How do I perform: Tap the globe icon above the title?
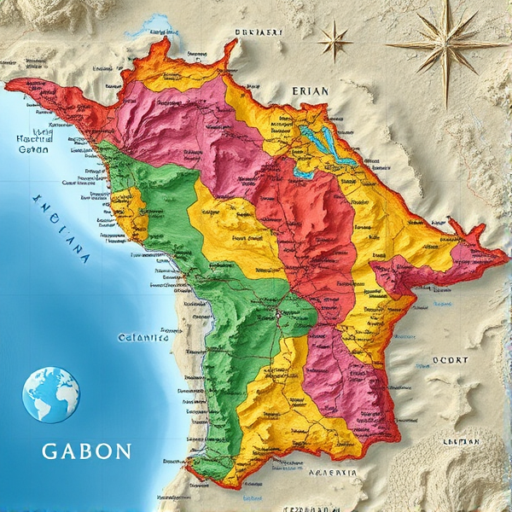tap(50, 395)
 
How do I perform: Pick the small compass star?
tap(335, 40)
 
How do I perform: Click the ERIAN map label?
tap(310, 90)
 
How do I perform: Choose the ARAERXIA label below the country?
tap(332, 472)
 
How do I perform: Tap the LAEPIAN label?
tap(460, 441)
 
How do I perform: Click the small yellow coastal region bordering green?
tap(131, 209)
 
